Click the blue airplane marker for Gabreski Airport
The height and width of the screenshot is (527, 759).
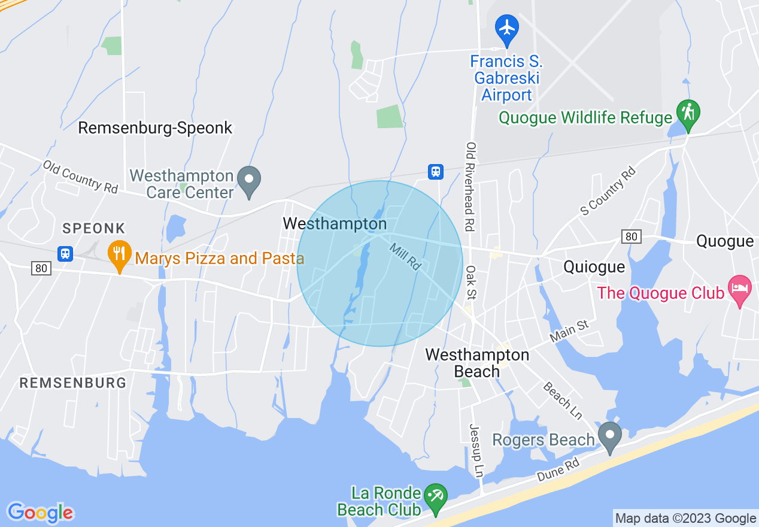(507, 28)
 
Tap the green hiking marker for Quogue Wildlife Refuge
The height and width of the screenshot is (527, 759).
(688, 113)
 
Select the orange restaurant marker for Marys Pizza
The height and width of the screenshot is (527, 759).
(120, 255)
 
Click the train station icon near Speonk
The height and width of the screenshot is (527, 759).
(65, 253)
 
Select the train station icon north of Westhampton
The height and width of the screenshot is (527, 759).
(436, 172)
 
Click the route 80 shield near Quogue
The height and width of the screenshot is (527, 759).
(631, 237)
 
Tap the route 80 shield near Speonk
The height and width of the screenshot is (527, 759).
(41, 268)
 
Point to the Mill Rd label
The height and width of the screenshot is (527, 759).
(405, 256)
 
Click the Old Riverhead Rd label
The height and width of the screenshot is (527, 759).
(471, 186)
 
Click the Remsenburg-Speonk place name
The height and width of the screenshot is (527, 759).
(155, 128)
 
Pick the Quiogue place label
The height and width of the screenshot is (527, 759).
(594, 266)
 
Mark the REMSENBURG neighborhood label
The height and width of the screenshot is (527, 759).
(73, 383)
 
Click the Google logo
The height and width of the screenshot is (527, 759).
(41, 513)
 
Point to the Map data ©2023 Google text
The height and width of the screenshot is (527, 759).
(686, 519)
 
